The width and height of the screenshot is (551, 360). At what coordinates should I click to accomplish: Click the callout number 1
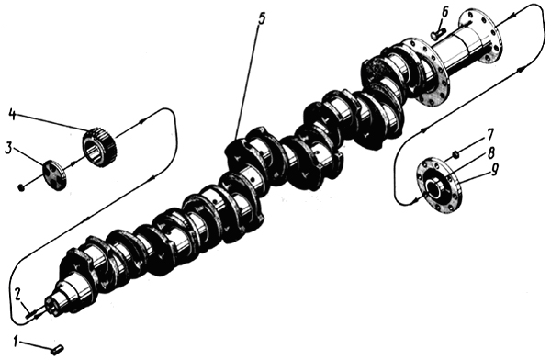[15, 342]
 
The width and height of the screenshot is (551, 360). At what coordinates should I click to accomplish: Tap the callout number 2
[18, 294]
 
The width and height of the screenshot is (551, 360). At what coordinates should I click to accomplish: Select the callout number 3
[8, 149]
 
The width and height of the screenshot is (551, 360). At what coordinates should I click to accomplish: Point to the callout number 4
[12, 115]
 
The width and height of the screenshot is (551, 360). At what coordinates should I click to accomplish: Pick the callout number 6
[444, 12]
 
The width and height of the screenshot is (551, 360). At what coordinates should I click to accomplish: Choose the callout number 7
[489, 135]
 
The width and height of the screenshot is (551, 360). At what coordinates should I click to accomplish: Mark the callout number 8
[490, 153]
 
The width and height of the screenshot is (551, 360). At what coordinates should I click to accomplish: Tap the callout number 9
[494, 171]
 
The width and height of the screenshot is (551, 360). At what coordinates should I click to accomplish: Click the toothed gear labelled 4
[100, 147]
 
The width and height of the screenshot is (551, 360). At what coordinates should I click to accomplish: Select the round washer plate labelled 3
[55, 174]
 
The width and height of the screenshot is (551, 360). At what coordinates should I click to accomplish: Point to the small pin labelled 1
[59, 349]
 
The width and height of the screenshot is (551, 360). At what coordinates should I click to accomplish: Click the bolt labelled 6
[437, 35]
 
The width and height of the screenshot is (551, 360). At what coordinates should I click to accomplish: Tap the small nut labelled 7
[455, 153]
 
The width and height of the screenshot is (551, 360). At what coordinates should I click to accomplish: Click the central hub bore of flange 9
[435, 186]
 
